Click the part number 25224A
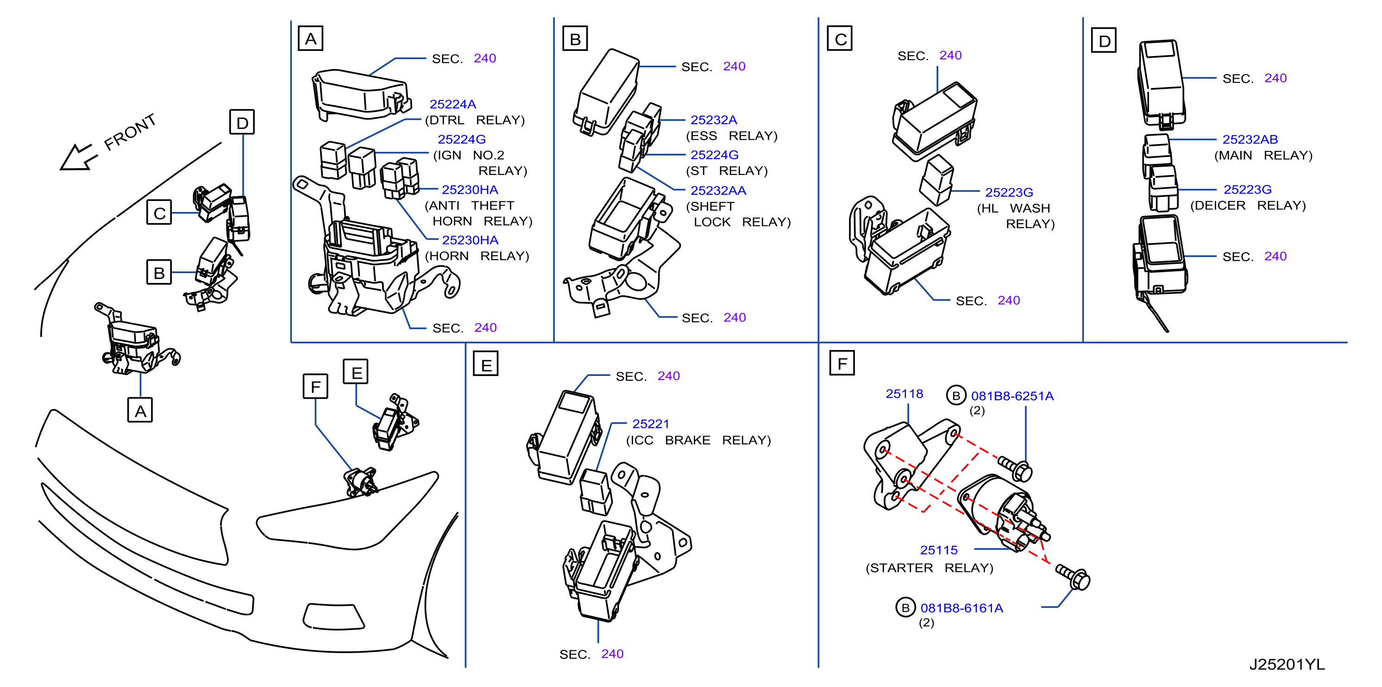pyautogui.click(x=452, y=104)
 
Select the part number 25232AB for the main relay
pyautogui.click(x=1250, y=139)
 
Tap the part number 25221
pyautogui.click(x=650, y=424)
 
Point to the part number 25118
pyautogui.click(x=904, y=393)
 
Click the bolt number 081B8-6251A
pyautogui.click(x=1012, y=396)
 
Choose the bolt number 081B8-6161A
pyautogui.click(x=961, y=608)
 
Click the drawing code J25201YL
pyautogui.click(x=1287, y=664)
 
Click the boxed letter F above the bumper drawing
pyautogui.click(x=315, y=386)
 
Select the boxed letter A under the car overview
pyautogui.click(x=140, y=410)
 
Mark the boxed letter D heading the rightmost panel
pyautogui.click(x=1104, y=40)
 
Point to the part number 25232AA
pyautogui.click(x=718, y=190)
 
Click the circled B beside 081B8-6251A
pyautogui.click(x=955, y=396)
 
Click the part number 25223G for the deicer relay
pyautogui.click(x=1247, y=189)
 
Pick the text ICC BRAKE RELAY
pyautogui.click(x=698, y=440)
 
